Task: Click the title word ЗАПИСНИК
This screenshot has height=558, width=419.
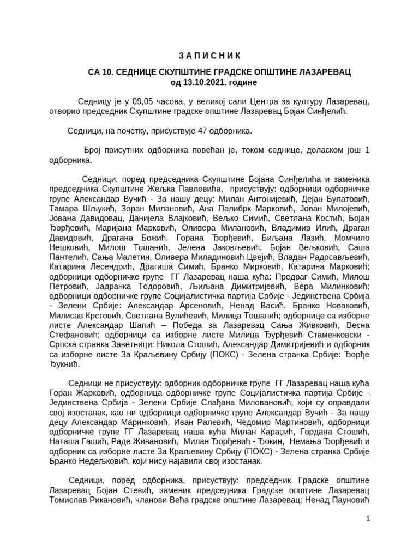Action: (209, 56)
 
